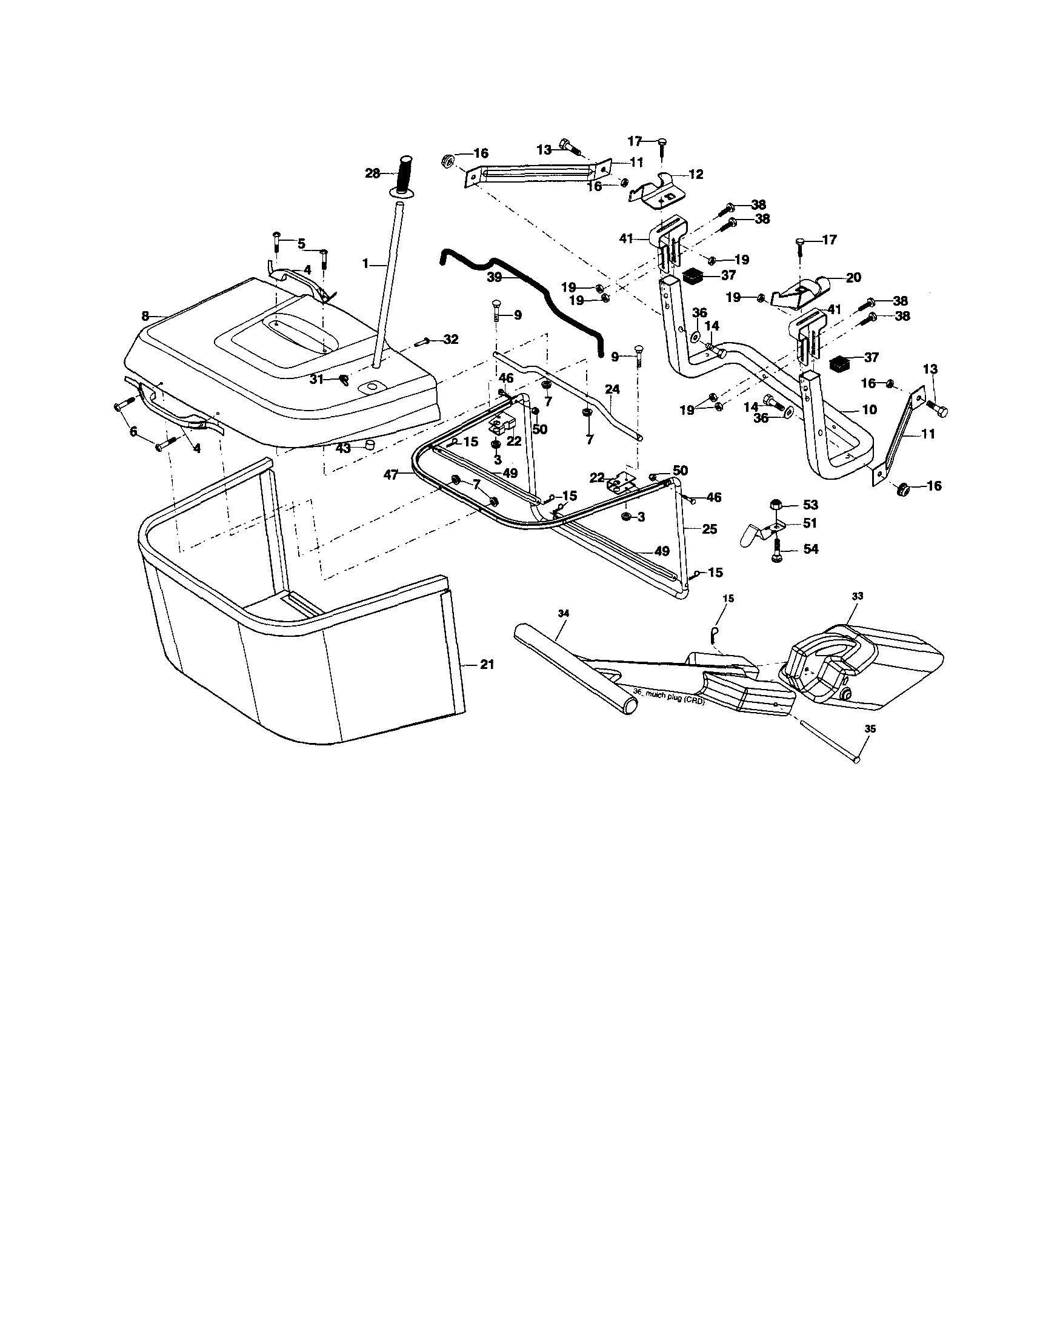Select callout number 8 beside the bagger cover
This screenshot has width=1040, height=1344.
[x=145, y=316]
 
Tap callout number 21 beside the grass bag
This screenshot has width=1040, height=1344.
[x=487, y=665]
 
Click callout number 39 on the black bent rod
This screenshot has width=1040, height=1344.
[x=495, y=278]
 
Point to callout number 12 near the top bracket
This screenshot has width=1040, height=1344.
[x=696, y=174]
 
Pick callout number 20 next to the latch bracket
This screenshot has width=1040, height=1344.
[x=853, y=278]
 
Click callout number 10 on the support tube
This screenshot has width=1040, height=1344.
[x=870, y=409]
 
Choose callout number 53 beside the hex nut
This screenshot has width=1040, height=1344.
[x=810, y=505]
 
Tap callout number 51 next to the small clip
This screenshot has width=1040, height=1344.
[x=810, y=523]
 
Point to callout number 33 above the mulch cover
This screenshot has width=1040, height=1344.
[x=858, y=596]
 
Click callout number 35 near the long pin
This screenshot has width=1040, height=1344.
[x=870, y=728]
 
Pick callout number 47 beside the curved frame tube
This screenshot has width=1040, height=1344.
[x=391, y=474]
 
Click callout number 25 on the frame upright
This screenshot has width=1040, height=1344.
[x=710, y=529]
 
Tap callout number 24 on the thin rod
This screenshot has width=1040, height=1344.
[x=612, y=389]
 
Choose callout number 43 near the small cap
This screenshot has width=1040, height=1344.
[x=342, y=448]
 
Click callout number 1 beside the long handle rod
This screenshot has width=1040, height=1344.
[x=365, y=263]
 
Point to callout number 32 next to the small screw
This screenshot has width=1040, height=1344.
[x=451, y=339]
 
